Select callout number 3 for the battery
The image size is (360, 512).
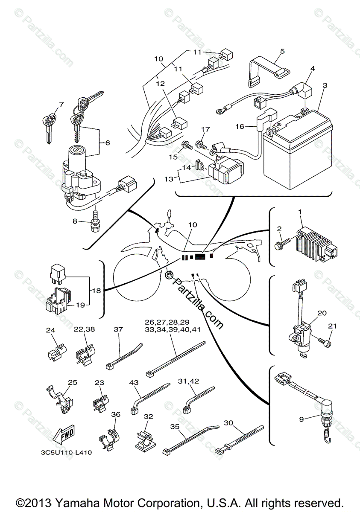click(x=325, y=85)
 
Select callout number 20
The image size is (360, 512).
click(x=322, y=313)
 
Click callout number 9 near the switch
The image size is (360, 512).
click(x=301, y=419)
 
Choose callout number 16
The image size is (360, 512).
click(x=240, y=126)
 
